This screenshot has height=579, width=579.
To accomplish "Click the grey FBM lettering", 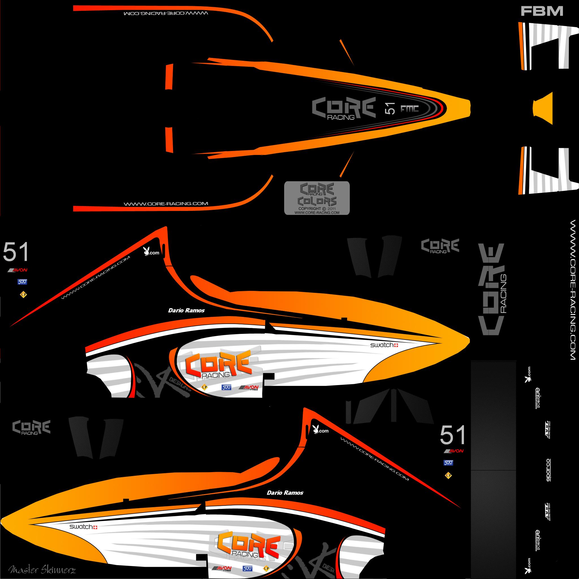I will click(542, 11).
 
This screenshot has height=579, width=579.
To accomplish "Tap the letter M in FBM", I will click(555, 11).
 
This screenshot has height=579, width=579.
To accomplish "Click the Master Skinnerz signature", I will click(42, 570).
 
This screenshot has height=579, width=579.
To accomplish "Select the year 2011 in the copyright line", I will click(332, 209).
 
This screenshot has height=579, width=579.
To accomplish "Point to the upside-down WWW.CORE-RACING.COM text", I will click(166, 14).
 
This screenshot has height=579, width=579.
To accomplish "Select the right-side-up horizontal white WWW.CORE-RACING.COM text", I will click(166, 204).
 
